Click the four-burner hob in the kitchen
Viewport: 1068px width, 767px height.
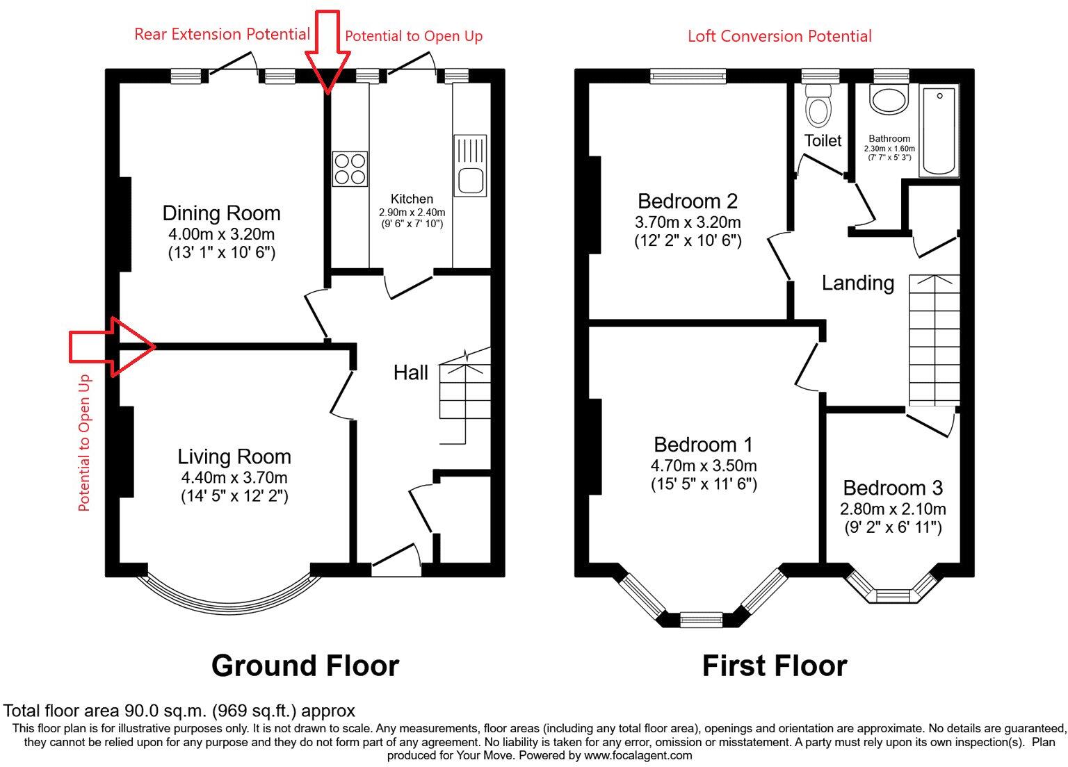(350, 169)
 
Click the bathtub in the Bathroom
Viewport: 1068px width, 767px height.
(939, 131)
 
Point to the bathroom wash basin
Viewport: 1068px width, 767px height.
(889, 100)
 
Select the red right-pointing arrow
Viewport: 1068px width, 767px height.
(113, 346)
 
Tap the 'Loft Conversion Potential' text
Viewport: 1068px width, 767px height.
(779, 36)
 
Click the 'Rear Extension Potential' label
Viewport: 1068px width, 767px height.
(222, 34)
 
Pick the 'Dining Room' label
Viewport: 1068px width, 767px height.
(221, 213)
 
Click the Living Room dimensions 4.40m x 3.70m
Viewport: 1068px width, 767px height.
(234, 477)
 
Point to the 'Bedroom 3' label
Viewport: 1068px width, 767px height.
(893, 488)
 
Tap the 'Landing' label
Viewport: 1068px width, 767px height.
(857, 283)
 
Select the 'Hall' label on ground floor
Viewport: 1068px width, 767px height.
(410, 373)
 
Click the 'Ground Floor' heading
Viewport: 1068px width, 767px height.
(305, 666)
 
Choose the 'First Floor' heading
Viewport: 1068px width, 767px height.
(774, 666)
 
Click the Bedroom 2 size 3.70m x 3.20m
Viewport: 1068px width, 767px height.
(687, 222)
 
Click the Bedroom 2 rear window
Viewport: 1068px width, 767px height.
(688, 76)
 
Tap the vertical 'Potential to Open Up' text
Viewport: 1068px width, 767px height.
(84, 443)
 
